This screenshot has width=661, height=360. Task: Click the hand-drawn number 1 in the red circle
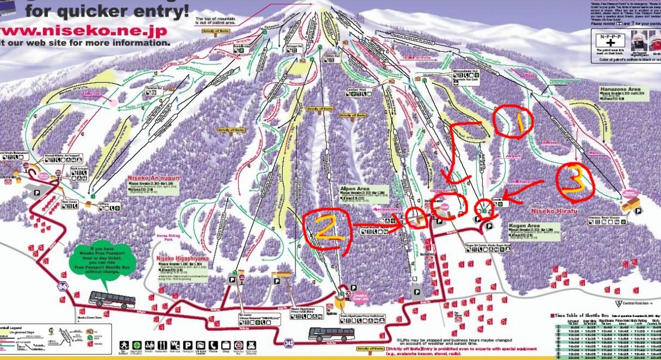point(519,123)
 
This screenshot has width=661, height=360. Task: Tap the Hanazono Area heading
point(620,88)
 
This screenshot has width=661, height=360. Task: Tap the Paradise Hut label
point(157,87)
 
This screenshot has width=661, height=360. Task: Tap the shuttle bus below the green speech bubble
point(112,299)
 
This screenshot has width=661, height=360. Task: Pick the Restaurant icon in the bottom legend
point(163,346)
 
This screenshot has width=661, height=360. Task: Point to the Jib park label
point(513,156)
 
